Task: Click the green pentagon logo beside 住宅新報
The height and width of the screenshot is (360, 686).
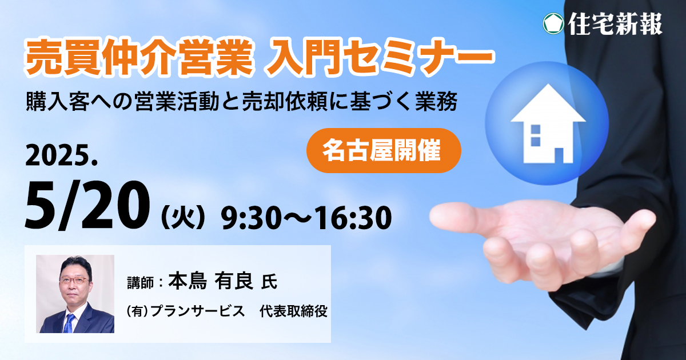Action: pyautogui.click(x=553, y=23)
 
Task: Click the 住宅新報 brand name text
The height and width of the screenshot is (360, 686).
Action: pyautogui.click(x=615, y=23)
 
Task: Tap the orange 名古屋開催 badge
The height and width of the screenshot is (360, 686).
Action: pyautogui.click(x=384, y=151)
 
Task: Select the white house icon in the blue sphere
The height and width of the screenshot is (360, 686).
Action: pyautogui.click(x=548, y=123)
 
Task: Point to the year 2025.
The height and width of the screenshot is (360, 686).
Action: pyautogui.click(x=61, y=156)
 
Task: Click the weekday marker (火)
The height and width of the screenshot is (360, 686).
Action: pyautogui.click(x=183, y=218)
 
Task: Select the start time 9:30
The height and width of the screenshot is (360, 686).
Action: pyautogui.click(x=251, y=218)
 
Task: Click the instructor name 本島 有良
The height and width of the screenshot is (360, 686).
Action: pyautogui.click(x=210, y=281)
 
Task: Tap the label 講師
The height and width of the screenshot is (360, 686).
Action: pyautogui.click(x=140, y=283)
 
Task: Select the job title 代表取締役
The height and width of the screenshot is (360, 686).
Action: pyautogui.click(x=293, y=311)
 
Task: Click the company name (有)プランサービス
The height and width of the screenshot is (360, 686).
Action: pyautogui.click(x=186, y=311)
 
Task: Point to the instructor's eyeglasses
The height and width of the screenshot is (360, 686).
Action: pyautogui.click(x=74, y=280)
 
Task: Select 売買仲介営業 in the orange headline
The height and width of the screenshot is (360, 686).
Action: pyautogui.click(x=139, y=57)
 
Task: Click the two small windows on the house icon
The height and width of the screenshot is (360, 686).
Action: pyautogui.click(x=535, y=135)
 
